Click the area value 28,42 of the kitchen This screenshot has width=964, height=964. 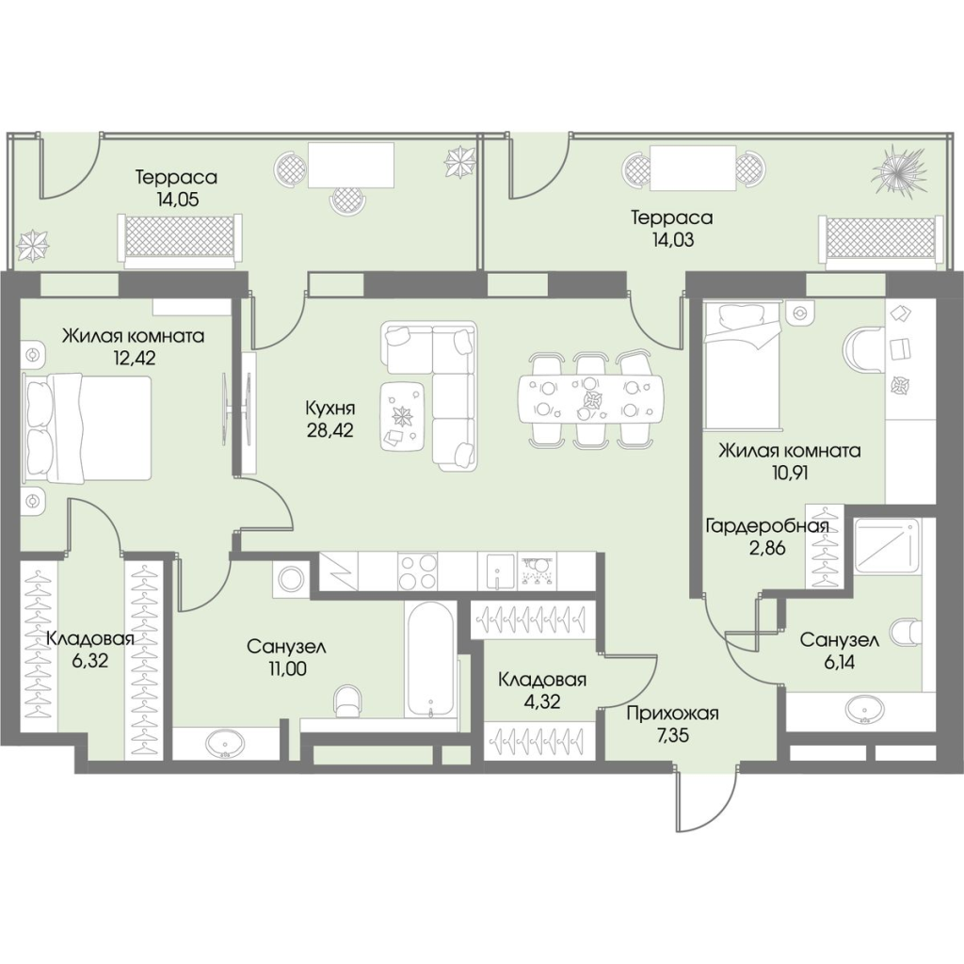330,429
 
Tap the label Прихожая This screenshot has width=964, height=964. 672,714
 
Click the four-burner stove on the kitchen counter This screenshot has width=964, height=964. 417,571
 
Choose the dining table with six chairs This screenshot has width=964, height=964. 590,399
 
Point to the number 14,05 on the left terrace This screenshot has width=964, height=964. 177,200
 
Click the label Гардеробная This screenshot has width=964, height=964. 766,526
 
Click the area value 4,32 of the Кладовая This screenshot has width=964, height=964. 543,701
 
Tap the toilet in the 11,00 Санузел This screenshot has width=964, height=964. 348,700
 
